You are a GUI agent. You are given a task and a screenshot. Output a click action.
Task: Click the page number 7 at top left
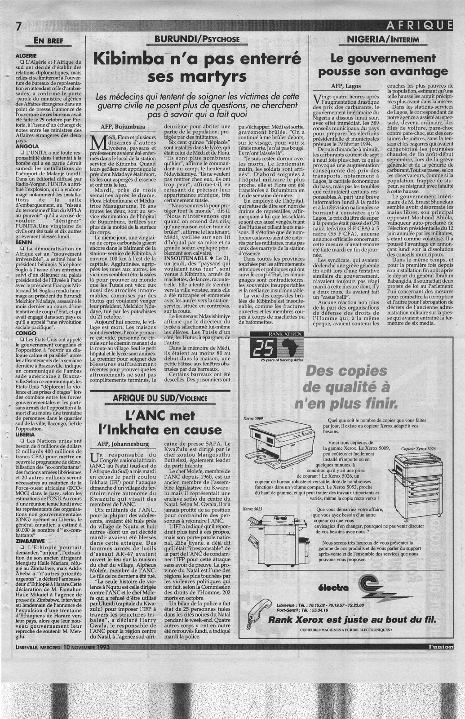tap(7, 27)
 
